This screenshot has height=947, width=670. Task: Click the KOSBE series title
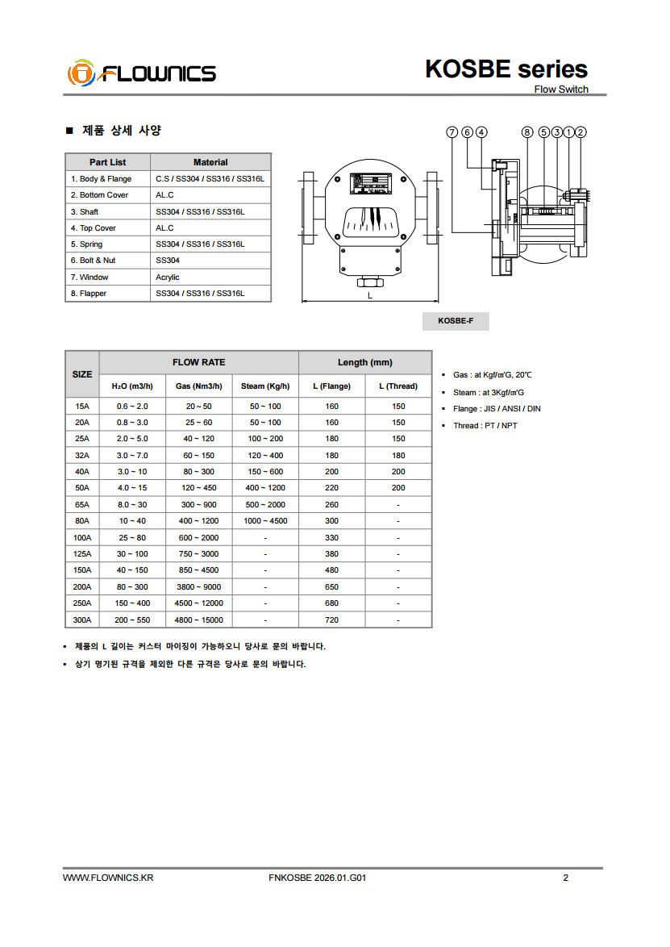(506, 69)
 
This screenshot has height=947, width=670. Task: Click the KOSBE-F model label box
(456, 321)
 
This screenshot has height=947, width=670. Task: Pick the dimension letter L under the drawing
(370, 295)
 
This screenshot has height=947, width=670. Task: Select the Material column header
(210, 162)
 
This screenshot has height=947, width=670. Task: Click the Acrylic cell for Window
(168, 277)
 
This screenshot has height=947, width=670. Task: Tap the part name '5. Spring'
(86, 244)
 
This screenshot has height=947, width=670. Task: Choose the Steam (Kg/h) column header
(265, 386)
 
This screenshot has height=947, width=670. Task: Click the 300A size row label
(82, 620)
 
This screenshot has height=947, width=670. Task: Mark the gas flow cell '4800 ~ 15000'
(199, 620)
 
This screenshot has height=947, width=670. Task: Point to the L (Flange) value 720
(331, 620)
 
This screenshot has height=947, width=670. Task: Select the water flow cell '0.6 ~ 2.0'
(132, 407)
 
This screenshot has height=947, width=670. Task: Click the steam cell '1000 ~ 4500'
(265, 521)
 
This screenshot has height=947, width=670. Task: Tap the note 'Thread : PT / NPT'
(485, 426)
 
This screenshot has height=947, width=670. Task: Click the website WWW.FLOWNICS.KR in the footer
(108, 878)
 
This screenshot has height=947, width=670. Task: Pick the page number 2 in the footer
(565, 878)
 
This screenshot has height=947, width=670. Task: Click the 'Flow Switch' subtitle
(561, 90)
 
